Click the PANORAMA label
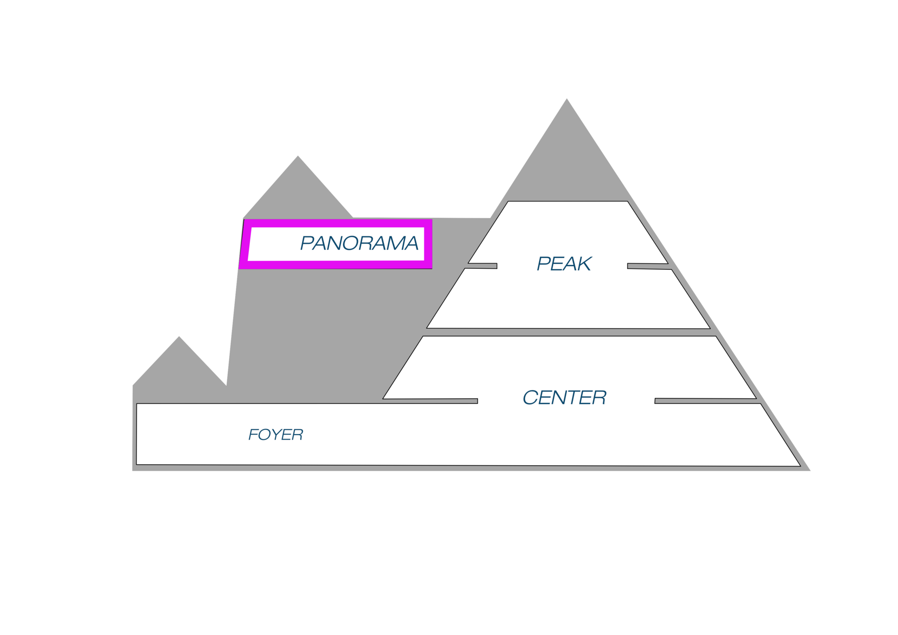pos(359,243)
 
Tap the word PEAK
pos(564,264)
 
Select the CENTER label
pos(564,397)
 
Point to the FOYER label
pos(275,435)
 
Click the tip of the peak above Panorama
pos(298,155)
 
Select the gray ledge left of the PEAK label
pos(482,266)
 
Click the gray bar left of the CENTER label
pos(430,401)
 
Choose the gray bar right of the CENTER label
pos(705,401)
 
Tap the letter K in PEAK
pos(584,264)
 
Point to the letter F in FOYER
pos(253,435)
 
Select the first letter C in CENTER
pos(530,397)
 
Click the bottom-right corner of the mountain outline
pos(811,470)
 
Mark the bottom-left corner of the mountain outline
pos(132,470)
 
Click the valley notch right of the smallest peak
pos(226,384)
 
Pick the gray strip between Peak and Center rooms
pos(568,332)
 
